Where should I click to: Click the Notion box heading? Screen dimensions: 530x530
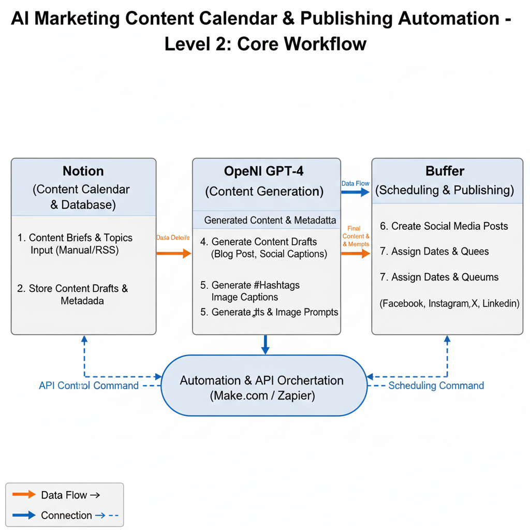point(83,171)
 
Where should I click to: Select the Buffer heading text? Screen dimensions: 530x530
point(445,171)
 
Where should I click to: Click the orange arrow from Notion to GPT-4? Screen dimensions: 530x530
point(174,253)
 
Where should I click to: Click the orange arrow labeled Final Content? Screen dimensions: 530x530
point(356,253)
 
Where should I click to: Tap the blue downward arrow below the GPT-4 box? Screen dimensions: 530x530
point(266,344)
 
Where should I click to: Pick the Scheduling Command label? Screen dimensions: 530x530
point(436,386)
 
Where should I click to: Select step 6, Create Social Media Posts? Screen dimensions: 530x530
point(444,226)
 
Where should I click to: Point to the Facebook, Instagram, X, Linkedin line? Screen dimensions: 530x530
point(449,304)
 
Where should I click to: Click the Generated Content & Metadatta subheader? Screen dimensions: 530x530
point(270,220)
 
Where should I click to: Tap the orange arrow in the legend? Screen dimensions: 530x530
point(24,494)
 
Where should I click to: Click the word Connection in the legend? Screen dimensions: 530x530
point(66,516)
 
